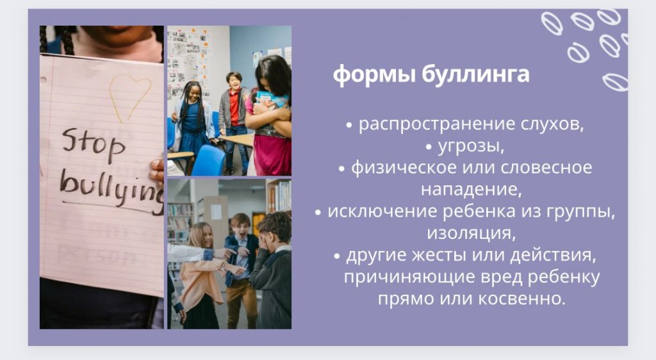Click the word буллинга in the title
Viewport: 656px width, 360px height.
click(x=475, y=75)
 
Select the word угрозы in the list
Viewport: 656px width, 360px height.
click(x=471, y=146)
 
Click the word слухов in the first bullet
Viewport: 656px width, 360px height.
click(x=552, y=124)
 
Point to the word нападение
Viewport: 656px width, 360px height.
click(x=471, y=190)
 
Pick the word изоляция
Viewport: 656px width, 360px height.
click(x=471, y=233)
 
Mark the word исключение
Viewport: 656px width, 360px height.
click(x=382, y=211)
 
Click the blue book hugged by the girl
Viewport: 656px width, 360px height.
click(x=272, y=99)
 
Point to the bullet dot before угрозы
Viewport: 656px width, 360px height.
click(x=429, y=147)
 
